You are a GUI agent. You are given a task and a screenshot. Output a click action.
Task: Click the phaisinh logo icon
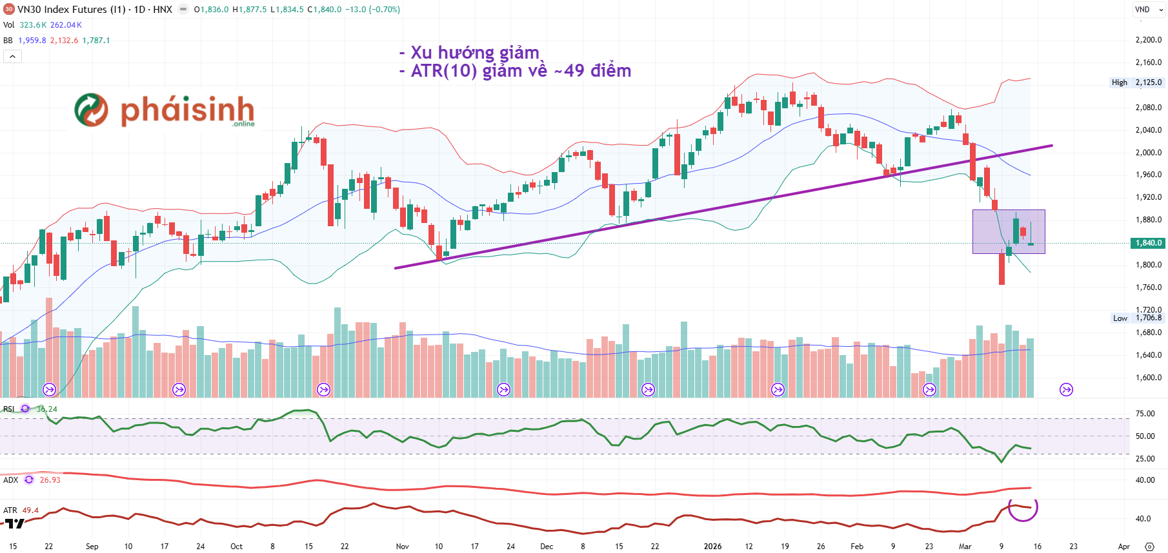pos(91,110)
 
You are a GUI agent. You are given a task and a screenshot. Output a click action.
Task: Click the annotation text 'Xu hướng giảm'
pos(474,52)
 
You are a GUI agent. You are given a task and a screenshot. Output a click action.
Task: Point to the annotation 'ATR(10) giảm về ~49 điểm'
pos(521,71)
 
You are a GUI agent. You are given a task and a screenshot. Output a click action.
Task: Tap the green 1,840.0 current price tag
pos(1148,243)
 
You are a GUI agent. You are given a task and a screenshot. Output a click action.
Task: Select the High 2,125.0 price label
pos(1136,82)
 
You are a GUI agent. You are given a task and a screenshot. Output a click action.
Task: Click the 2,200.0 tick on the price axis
pos(1148,40)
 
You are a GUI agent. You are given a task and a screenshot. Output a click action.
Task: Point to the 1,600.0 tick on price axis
pos(1148,378)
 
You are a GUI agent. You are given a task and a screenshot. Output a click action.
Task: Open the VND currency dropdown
pos(1149,10)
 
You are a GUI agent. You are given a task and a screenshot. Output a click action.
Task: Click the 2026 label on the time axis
pos(712,547)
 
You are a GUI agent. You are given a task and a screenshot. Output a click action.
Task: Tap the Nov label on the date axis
pos(402,547)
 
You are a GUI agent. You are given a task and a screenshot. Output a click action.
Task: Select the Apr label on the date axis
pos(1123,547)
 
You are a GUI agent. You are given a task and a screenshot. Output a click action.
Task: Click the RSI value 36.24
pos(46,409)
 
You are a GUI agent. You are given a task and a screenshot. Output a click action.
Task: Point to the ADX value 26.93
pos(50,480)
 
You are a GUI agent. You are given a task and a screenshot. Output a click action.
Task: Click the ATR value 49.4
pos(30,510)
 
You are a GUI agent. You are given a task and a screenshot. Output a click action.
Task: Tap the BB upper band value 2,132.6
pos(64,41)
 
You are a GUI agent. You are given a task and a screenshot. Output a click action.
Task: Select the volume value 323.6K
pos(33,25)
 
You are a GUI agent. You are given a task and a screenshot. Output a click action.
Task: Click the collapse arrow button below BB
pos(12,57)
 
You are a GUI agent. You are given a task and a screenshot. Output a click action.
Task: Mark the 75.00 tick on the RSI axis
pos(1145,414)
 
